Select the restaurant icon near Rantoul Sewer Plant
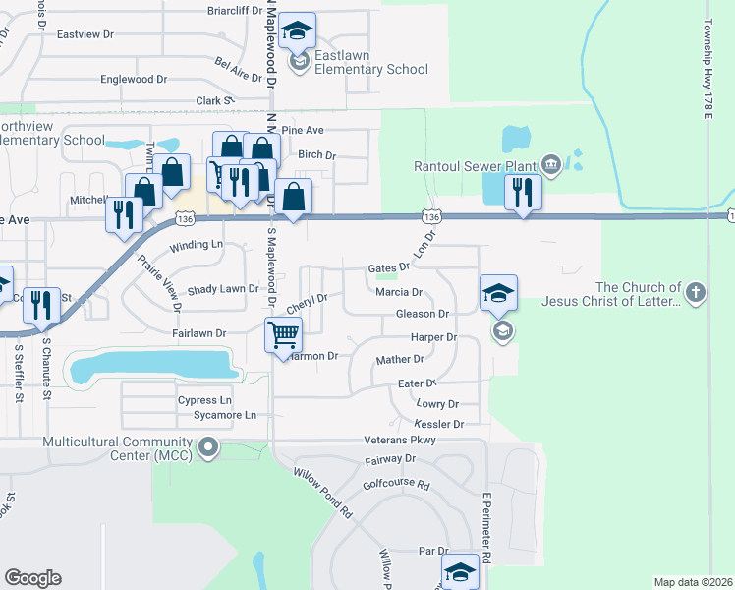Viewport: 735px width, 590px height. pos(523,191)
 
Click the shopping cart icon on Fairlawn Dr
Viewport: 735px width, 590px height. pos(283,335)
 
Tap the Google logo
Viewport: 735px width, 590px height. pos(32,578)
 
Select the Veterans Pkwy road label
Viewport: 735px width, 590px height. pos(399,440)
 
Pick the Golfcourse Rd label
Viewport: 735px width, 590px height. pos(397,485)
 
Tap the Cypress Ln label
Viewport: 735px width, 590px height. pos(204,400)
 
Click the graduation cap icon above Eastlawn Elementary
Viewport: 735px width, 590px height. pos(297,31)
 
